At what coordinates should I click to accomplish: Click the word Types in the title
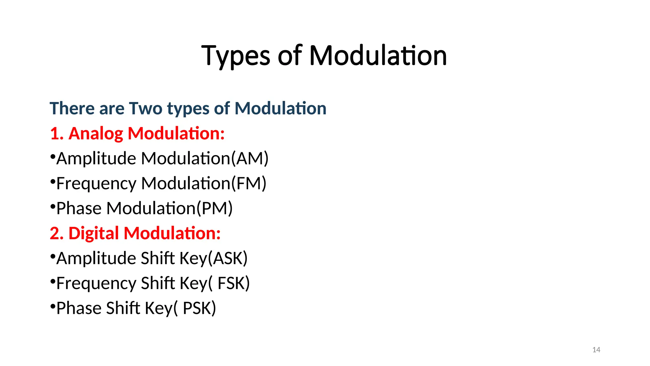point(235,56)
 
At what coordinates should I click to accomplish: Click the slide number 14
point(596,350)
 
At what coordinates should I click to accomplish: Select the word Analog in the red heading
point(96,133)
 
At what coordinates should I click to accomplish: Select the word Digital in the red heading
point(94,233)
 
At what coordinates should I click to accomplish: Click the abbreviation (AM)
point(250,159)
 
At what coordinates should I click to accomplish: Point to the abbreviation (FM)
point(249,184)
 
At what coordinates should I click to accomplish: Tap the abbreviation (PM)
point(215,208)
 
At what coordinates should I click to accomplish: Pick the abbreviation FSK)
point(234,283)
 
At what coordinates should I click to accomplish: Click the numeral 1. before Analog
point(57,133)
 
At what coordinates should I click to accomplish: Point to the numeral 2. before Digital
point(57,233)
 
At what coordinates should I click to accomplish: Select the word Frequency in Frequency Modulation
point(96,184)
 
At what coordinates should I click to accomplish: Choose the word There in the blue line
point(72,108)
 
